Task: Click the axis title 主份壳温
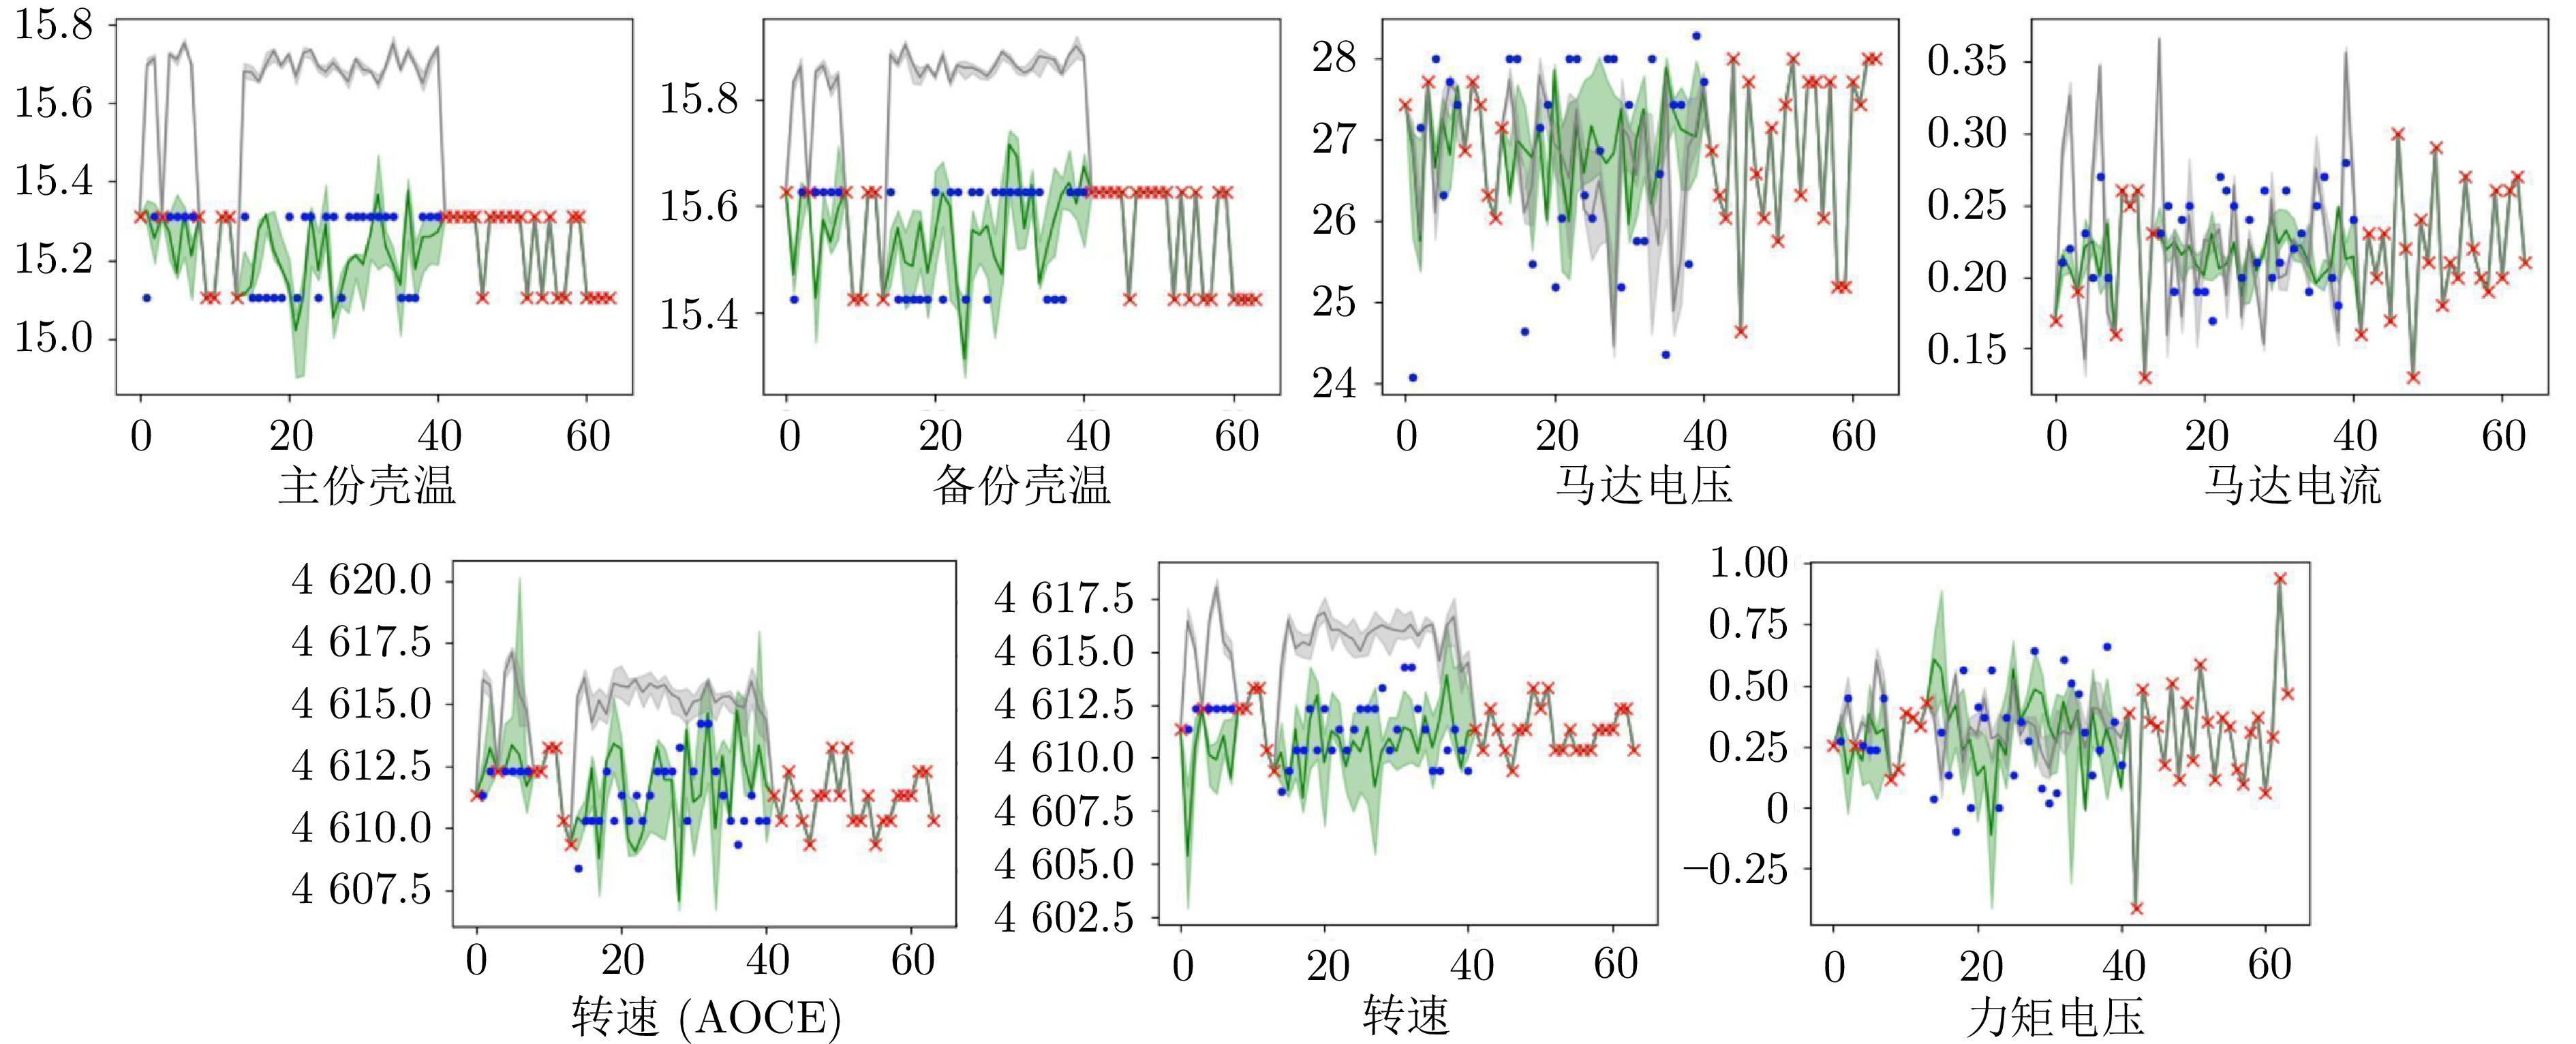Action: tap(367, 486)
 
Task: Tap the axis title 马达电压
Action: tap(1643, 486)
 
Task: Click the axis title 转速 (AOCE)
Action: tap(706, 1018)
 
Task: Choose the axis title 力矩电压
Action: tap(2055, 1018)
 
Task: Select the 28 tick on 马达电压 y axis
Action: tap(1334, 58)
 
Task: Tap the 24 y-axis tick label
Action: tap(1334, 383)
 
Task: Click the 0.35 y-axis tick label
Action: tap(1966, 61)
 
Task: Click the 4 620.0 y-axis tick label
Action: tap(361, 580)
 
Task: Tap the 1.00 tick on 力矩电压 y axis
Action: tap(1748, 563)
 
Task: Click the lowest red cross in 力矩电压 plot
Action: tap(2136, 908)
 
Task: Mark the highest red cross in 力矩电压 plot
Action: tap(2280, 578)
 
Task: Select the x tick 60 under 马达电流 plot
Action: tap(2503, 436)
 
